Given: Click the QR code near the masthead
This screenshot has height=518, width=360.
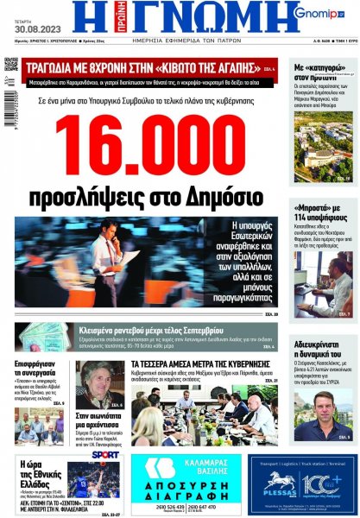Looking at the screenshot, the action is tap(10, 64).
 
